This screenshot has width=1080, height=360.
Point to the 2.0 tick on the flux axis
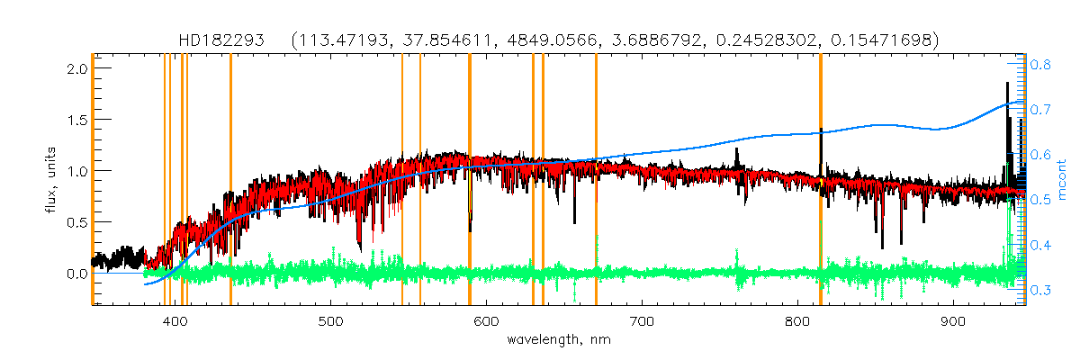(x=77, y=68)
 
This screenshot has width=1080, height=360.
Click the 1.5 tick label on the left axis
(x=77, y=120)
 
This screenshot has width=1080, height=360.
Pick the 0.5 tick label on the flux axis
(x=77, y=221)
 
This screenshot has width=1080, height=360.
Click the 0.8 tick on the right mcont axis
(x=1041, y=65)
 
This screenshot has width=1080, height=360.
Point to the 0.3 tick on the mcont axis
(x=1041, y=289)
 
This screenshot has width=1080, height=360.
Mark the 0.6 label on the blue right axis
(x=1041, y=155)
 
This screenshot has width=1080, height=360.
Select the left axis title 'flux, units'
(x=53, y=176)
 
